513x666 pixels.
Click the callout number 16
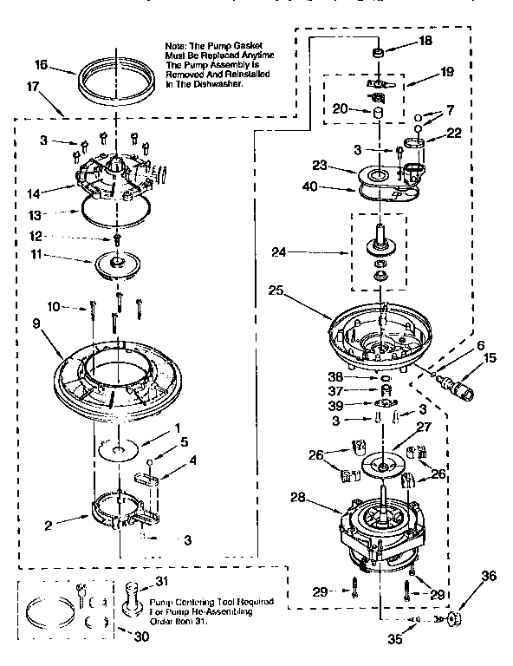click(41, 64)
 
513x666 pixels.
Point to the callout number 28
click(296, 499)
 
